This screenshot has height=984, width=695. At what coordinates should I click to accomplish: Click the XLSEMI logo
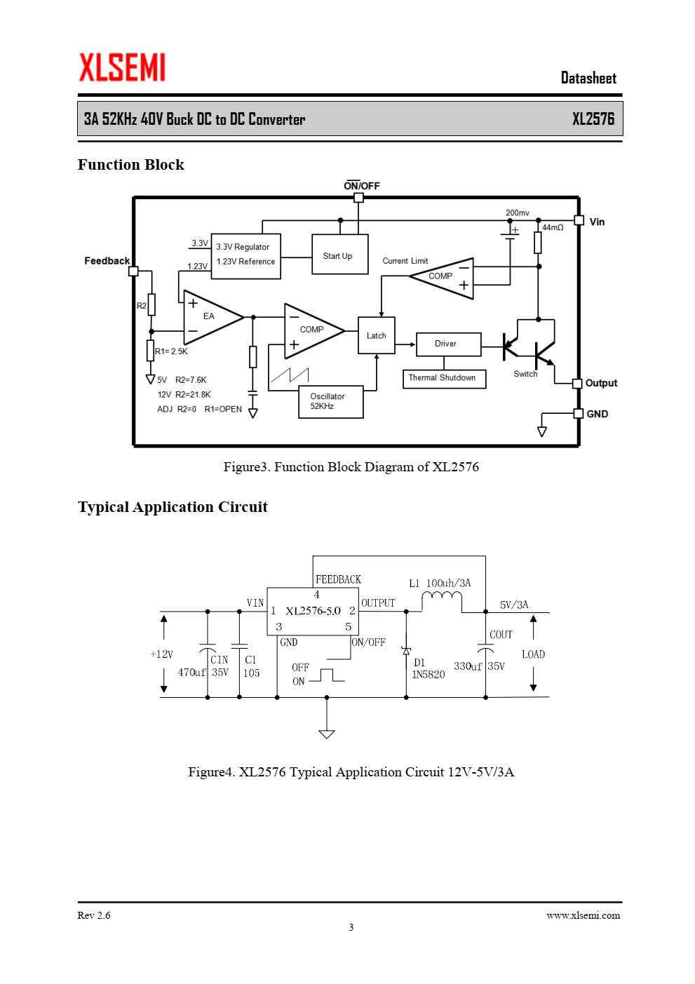click(122, 67)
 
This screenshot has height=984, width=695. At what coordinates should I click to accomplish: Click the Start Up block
click(339, 255)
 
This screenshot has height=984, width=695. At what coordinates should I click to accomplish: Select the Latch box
click(376, 335)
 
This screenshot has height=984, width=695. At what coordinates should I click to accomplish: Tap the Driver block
click(448, 344)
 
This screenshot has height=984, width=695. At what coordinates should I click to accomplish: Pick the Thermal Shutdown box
click(444, 379)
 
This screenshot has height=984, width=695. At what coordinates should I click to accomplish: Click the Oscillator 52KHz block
click(330, 401)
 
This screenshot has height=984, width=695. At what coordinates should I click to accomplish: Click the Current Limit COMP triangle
click(442, 278)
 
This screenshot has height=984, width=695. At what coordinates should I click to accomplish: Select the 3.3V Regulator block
click(245, 256)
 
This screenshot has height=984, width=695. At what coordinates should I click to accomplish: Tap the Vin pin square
click(579, 220)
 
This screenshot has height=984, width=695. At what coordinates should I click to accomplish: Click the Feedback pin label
click(107, 261)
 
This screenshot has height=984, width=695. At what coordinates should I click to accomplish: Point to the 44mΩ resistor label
click(552, 227)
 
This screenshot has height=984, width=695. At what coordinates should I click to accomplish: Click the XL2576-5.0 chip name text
click(313, 611)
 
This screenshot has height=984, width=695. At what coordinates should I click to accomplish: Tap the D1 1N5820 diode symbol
click(406, 651)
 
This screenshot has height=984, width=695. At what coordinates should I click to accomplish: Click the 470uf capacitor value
click(191, 672)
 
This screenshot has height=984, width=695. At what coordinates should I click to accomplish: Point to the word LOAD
click(533, 654)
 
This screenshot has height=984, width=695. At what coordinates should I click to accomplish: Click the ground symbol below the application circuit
click(326, 734)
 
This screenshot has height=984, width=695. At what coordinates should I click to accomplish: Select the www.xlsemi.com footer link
click(583, 915)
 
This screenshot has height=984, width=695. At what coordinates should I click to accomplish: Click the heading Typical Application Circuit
click(173, 507)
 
